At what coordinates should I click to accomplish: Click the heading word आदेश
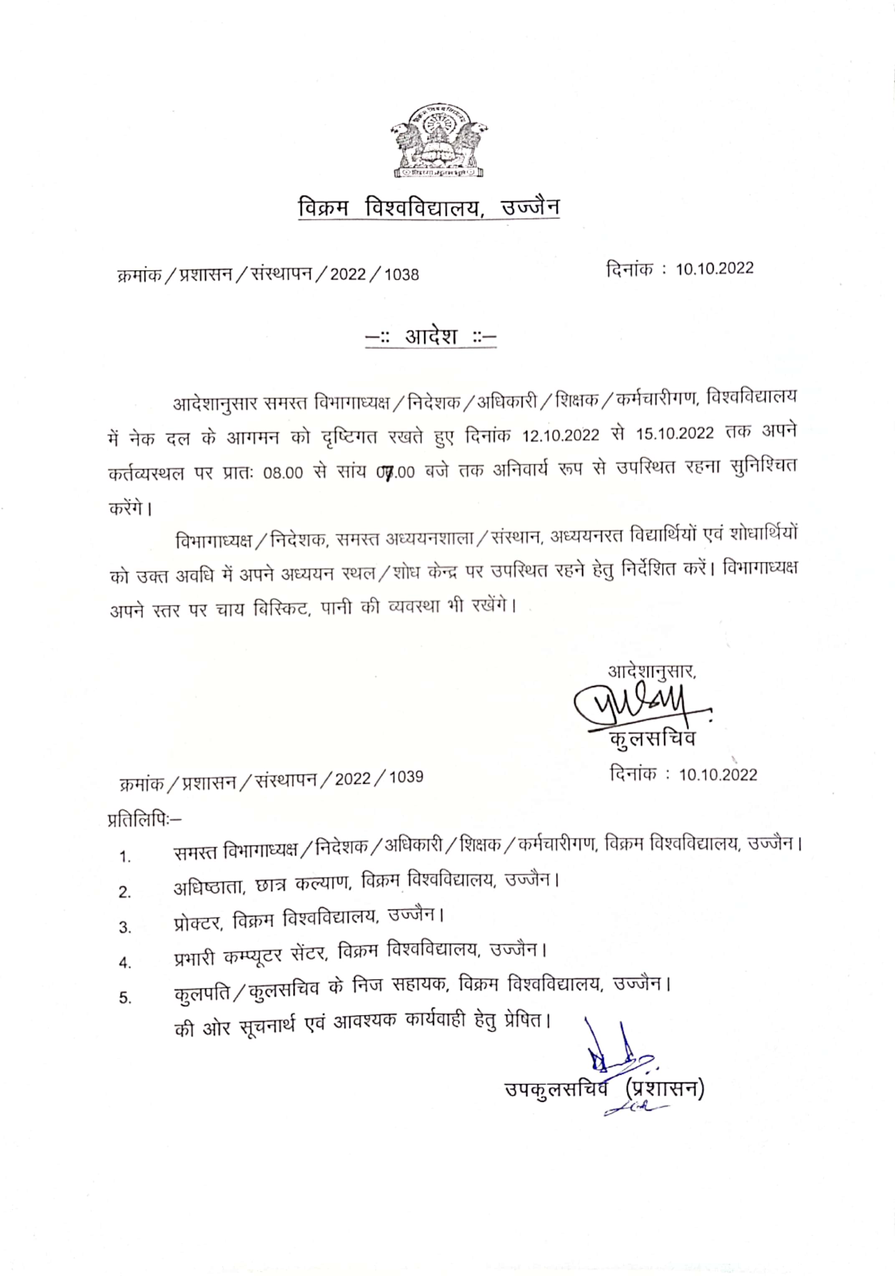click(431, 336)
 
